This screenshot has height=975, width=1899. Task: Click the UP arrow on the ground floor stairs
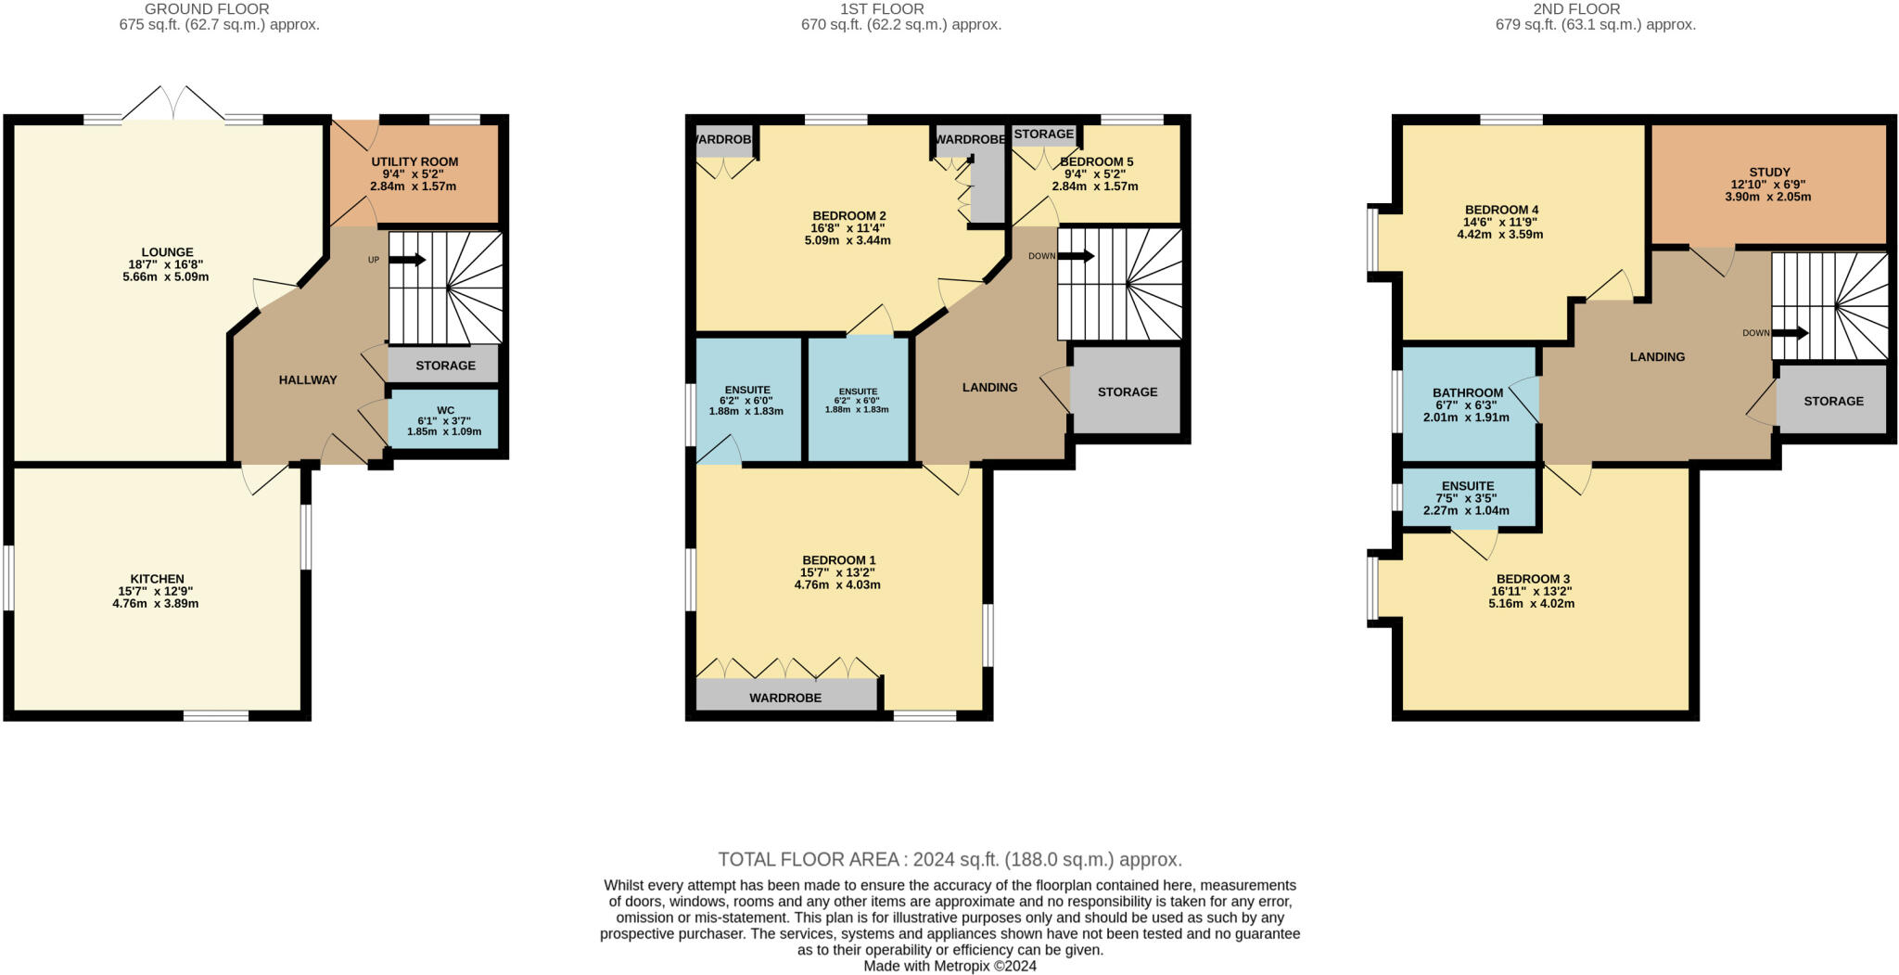(406, 260)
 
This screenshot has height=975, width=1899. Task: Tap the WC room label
(445, 409)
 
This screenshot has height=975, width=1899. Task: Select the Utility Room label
(414, 161)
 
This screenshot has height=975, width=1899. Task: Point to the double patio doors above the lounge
(173, 103)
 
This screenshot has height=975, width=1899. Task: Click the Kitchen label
(157, 579)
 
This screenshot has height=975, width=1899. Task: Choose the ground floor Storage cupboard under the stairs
(445, 366)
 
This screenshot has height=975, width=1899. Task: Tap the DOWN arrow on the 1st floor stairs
(1076, 256)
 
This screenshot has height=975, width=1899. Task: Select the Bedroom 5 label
(1097, 161)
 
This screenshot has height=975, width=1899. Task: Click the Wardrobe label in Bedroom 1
(785, 698)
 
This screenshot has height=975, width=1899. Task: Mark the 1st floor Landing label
(989, 387)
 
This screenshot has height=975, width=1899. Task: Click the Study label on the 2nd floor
(1769, 172)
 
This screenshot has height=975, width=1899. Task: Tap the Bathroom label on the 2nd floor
(1467, 392)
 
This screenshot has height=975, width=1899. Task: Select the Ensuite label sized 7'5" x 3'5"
(1467, 486)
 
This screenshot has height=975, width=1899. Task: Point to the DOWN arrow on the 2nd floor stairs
(1789, 333)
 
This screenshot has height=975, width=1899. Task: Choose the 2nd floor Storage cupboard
(1833, 401)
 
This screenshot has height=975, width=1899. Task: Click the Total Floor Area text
(949, 859)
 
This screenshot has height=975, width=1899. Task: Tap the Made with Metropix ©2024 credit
(949, 966)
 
